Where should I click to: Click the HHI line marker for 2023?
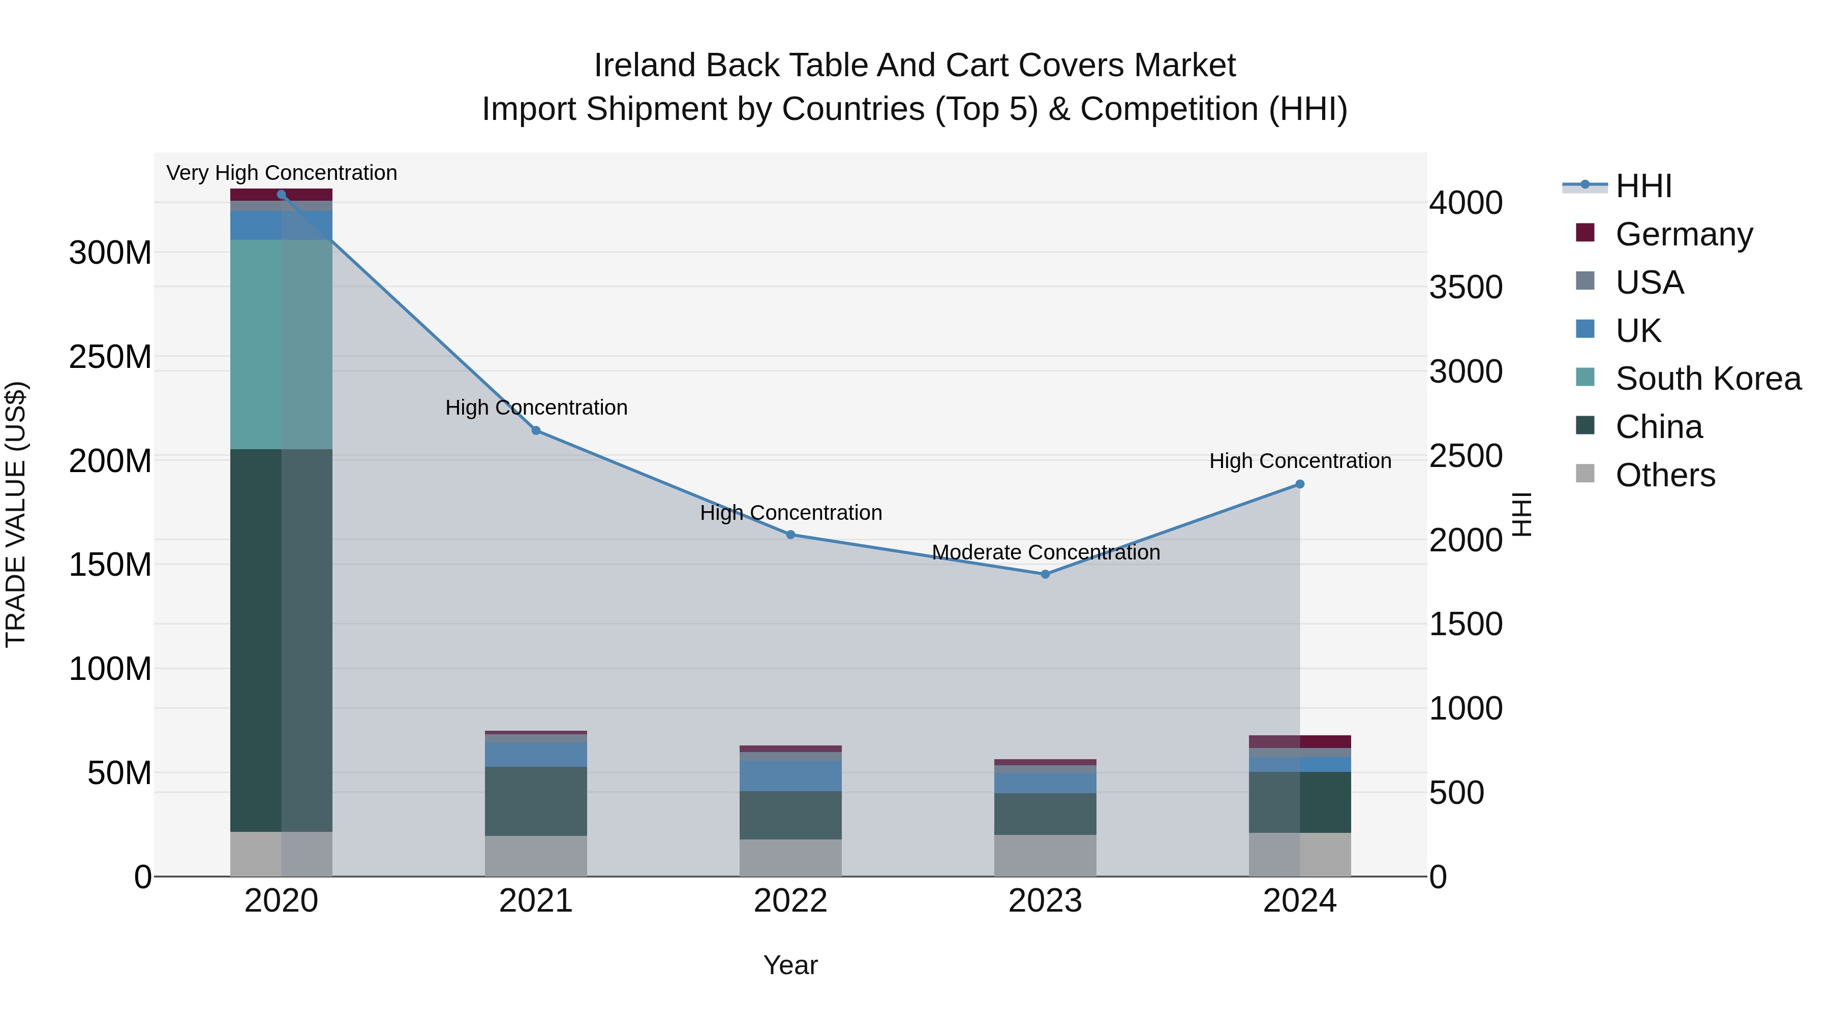(1045, 574)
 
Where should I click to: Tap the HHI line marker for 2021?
(536, 430)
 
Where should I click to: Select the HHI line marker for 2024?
(1299, 484)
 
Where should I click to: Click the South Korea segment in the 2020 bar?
(281, 345)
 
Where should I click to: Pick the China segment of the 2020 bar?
(281, 639)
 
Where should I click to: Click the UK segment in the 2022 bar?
(790, 775)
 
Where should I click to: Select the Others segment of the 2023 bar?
(1045, 855)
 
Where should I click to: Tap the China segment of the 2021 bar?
(536, 801)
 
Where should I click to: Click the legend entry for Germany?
(1684, 234)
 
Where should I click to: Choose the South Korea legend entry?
(1708, 379)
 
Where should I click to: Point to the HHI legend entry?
(1643, 186)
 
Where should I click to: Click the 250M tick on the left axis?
(110, 357)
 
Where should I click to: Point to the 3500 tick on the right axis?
(1466, 288)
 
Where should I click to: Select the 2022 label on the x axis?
(790, 901)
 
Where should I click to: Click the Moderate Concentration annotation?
(1045, 552)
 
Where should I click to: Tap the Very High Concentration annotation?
(281, 173)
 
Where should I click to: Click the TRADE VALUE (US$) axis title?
(16, 514)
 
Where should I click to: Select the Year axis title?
(790, 965)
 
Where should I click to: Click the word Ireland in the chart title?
(645, 66)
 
